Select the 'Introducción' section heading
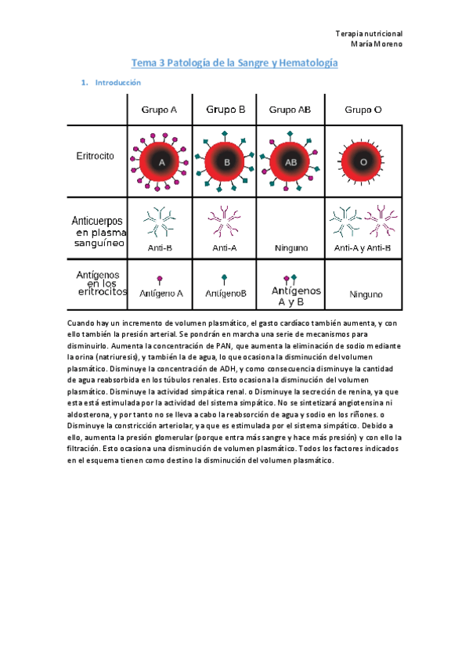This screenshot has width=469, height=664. coord(117,82)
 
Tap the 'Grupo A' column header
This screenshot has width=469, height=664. coord(159,110)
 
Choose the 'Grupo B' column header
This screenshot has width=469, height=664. coord(225,110)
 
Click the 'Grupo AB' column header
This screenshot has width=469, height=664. coord(290,110)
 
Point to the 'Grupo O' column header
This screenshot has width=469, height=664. coord(363,110)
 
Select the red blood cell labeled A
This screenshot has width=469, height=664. coord(162,162)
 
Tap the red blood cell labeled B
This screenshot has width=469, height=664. coord(227,162)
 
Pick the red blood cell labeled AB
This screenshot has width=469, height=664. coord(290,162)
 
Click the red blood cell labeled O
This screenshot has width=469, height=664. coord(363,162)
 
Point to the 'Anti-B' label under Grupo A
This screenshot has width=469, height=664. coord(160,248)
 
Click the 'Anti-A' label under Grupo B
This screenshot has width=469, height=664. coord(225,248)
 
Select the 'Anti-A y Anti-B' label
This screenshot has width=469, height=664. coord(363,248)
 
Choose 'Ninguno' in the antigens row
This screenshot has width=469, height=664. coord(363,295)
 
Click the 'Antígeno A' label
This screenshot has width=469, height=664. coord(161,294)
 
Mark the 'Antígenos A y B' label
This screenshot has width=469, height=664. coord(291,296)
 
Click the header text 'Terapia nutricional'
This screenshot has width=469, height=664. coord(369,34)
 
